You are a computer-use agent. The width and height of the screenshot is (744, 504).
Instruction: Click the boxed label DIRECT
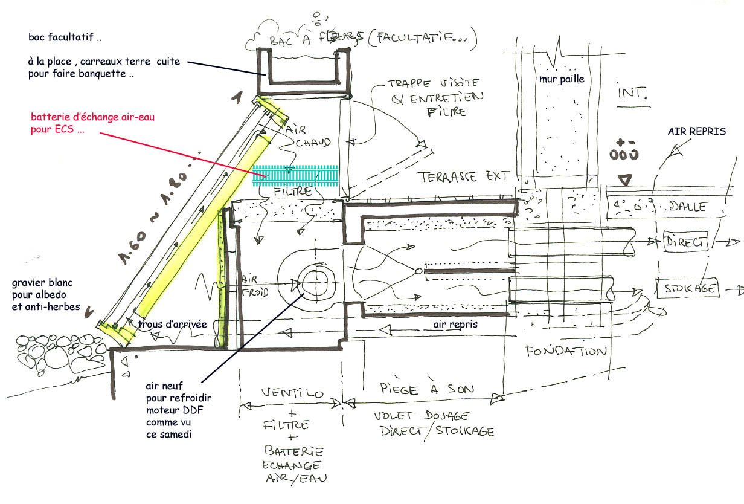[x=685, y=242]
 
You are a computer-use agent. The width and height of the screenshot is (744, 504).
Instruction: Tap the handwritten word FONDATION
[x=565, y=351]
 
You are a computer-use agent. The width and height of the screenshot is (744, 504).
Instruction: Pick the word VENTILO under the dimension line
[x=293, y=393]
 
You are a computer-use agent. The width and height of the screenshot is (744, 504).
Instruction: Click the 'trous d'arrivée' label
[x=172, y=325]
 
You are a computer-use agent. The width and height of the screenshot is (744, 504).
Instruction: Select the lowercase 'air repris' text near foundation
[x=456, y=325]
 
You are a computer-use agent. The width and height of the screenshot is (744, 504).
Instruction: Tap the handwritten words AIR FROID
[x=255, y=284]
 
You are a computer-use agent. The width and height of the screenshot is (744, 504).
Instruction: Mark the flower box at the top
[x=304, y=66]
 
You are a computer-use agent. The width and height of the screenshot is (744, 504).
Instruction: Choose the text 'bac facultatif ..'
[x=65, y=37]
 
